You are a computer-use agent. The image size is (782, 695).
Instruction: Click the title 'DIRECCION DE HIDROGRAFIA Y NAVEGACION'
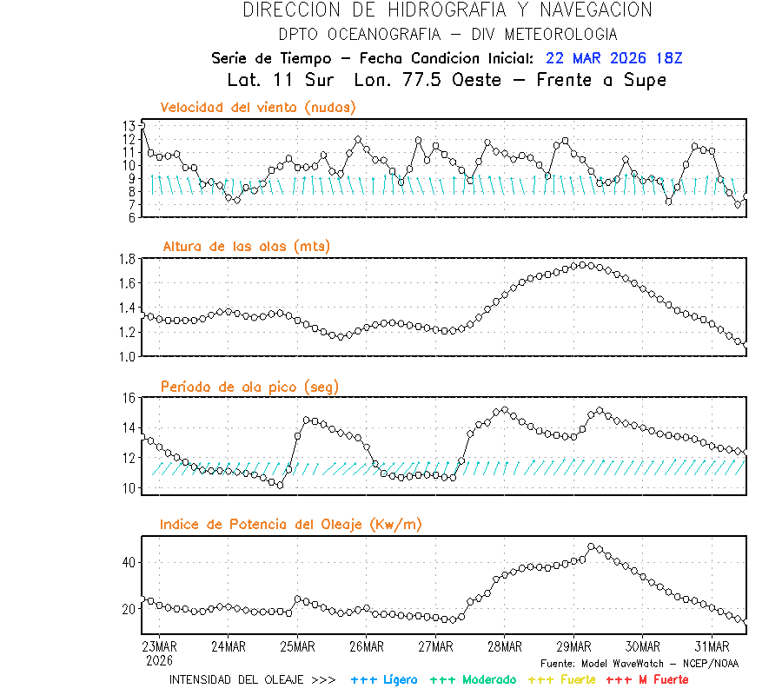click(447, 10)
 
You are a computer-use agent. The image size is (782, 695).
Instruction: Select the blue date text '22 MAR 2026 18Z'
click(614, 58)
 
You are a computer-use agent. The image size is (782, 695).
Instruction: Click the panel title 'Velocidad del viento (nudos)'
click(258, 107)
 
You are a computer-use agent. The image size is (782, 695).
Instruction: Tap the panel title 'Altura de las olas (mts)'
click(246, 247)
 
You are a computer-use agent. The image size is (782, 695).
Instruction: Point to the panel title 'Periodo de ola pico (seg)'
click(249, 386)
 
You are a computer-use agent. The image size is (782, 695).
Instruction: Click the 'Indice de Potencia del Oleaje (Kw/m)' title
click(291, 524)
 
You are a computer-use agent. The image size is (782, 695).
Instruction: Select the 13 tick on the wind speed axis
click(129, 126)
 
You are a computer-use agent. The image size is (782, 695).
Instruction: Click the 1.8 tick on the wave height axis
click(126, 259)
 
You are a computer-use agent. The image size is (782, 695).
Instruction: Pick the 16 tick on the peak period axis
click(128, 398)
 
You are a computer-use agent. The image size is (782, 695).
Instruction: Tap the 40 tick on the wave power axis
click(128, 562)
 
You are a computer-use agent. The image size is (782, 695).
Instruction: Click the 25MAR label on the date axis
click(297, 646)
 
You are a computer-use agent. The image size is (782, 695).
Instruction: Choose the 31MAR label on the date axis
click(712, 646)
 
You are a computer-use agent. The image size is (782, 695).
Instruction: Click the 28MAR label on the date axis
click(505, 646)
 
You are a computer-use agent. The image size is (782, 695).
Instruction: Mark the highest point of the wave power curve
click(591, 547)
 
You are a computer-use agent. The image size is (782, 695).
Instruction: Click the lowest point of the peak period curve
click(280, 485)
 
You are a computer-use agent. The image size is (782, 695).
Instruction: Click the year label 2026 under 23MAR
click(159, 659)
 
